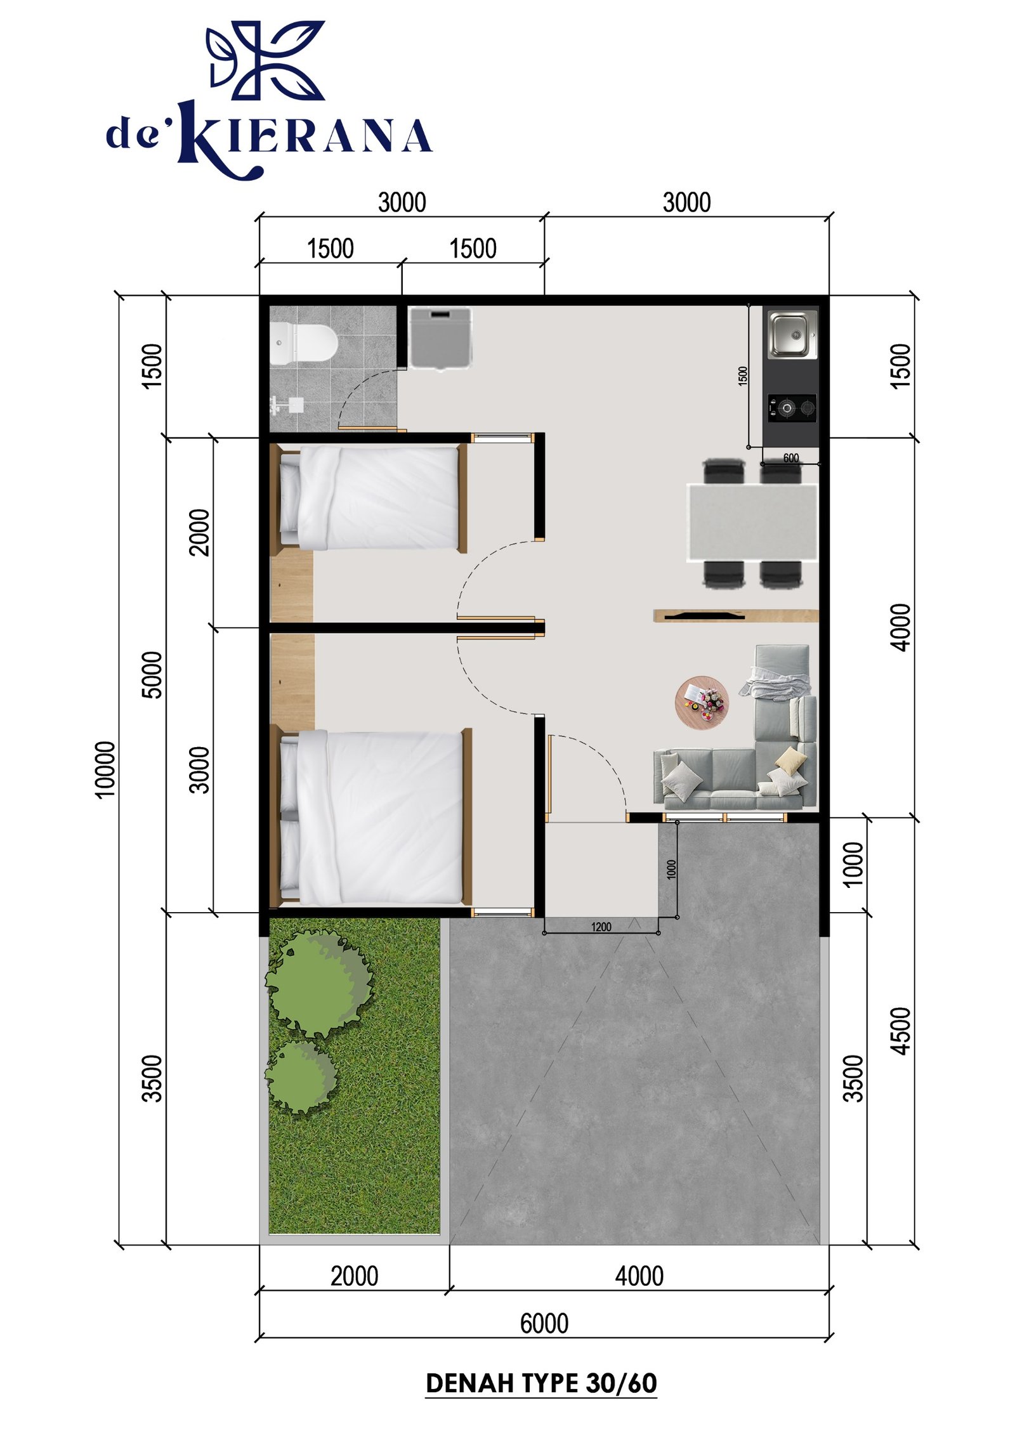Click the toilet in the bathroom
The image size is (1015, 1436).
click(x=303, y=343)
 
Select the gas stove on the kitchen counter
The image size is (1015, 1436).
click(x=791, y=408)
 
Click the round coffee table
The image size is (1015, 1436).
click(x=701, y=702)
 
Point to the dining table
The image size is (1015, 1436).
click(x=752, y=522)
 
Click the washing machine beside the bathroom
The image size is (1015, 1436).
click(x=440, y=337)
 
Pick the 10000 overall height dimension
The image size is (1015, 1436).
click(x=105, y=769)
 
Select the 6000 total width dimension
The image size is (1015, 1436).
click(x=544, y=1323)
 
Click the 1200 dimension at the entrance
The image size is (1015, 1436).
click(x=601, y=927)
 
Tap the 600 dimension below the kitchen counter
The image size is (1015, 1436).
click(x=790, y=458)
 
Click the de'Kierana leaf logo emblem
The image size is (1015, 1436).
click(x=265, y=60)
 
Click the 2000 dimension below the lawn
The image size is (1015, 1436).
click(x=354, y=1276)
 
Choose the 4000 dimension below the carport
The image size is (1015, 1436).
click(x=639, y=1276)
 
